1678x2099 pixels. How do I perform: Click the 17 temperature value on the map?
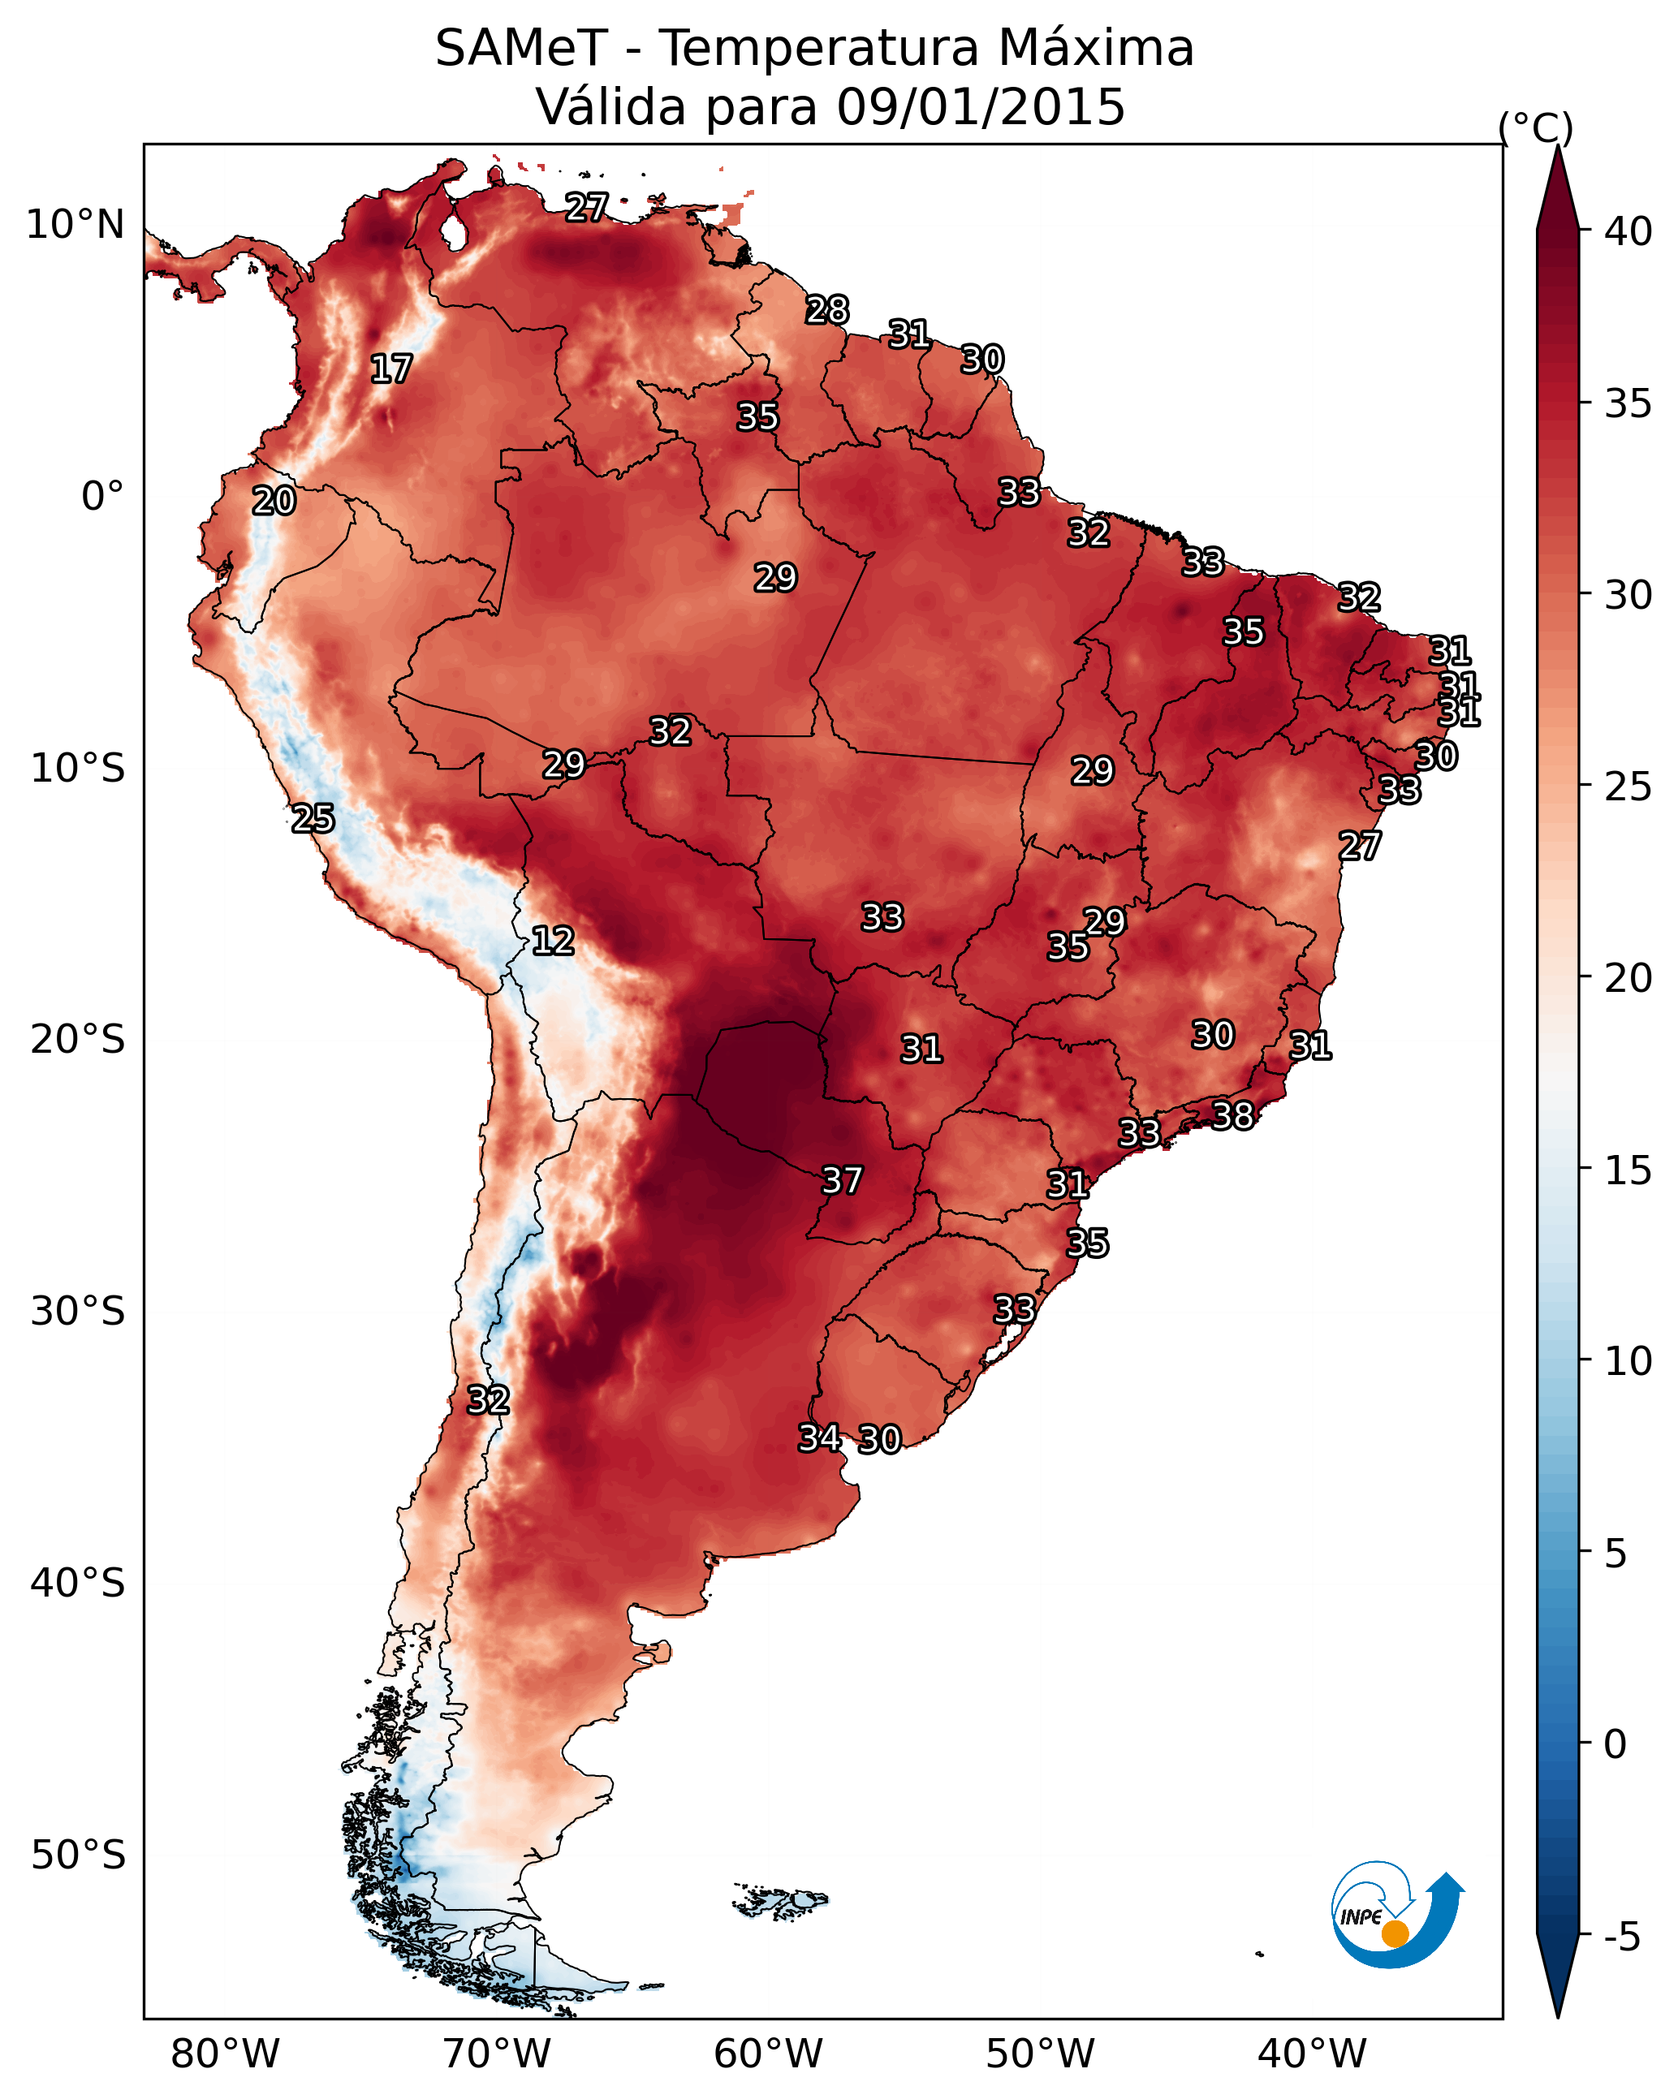391,369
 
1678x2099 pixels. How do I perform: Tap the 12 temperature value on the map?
553,941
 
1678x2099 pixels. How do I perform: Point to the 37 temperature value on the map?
843,1181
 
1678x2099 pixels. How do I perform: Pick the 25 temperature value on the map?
313,819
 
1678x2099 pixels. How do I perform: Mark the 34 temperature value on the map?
820,1438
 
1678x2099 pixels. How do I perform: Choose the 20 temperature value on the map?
274,502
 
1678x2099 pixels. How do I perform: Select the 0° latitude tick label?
103,497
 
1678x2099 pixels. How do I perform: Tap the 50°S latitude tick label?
78,1855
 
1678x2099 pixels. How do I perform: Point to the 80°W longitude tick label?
225,2054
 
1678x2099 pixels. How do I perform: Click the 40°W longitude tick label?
1312,2054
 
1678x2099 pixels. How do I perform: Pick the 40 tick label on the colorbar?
1628,231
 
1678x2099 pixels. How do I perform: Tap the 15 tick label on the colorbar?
1628,1170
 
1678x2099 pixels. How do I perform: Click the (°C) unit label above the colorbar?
1536,127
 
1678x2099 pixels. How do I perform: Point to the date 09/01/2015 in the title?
981,107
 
